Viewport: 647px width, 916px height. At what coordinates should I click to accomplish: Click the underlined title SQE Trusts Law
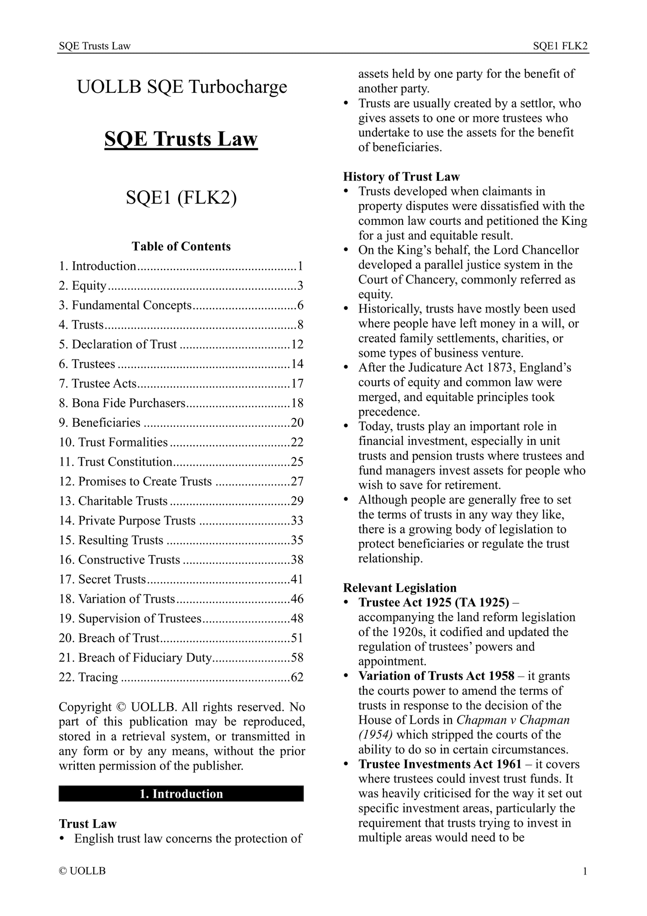(x=181, y=139)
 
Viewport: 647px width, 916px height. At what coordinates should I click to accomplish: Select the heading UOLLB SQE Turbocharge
(x=182, y=87)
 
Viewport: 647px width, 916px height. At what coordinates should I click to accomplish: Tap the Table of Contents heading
(x=181, y=246)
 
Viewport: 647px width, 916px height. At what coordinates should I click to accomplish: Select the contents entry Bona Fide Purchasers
(x=128, y=403)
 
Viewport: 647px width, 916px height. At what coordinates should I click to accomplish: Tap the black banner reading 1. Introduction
(x=181, y=794)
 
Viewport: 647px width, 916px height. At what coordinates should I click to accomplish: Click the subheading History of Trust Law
(x=401, y=177)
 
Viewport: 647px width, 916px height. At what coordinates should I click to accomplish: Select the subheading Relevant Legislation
(x=400, y=588)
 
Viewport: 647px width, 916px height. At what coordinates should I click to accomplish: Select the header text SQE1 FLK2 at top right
(x=560, y=46)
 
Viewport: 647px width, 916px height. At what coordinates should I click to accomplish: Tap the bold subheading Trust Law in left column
(x=87, y=824)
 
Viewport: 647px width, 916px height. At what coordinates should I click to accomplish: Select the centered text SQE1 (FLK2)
(x=181, y=198)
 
